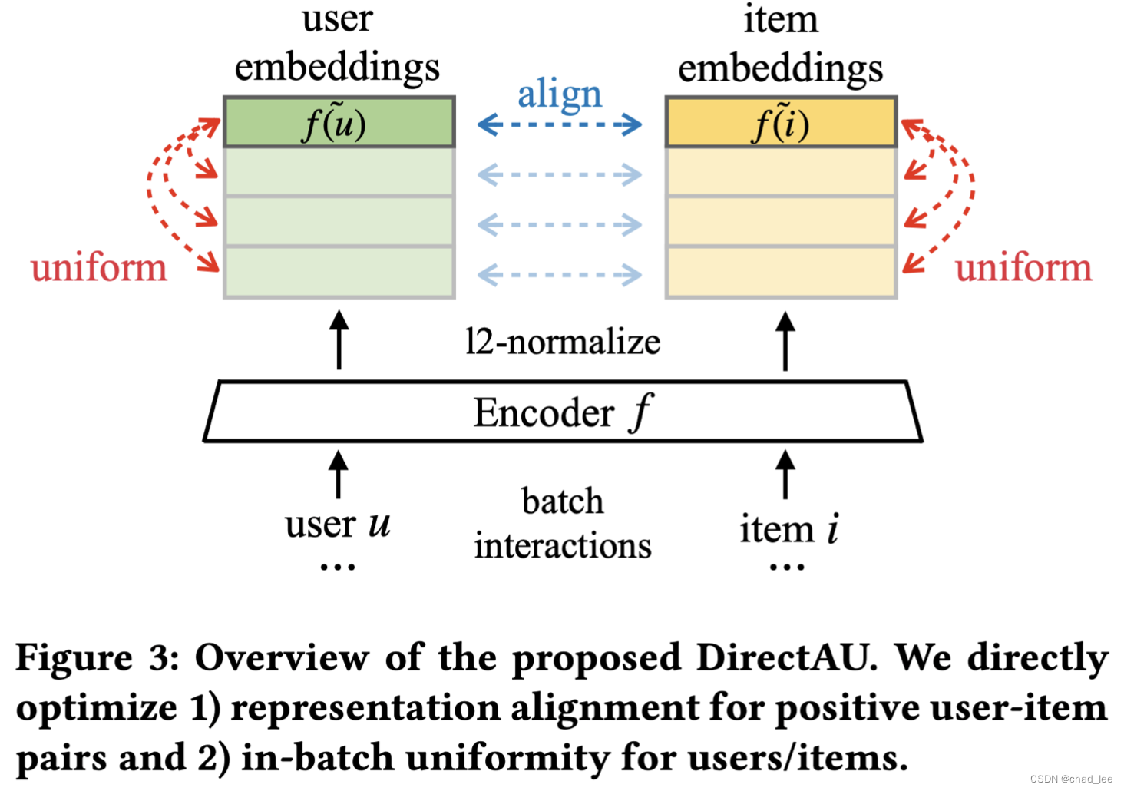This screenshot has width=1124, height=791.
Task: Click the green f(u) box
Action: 339,122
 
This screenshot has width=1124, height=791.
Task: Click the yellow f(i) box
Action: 781,123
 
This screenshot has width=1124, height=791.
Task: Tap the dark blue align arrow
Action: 560,124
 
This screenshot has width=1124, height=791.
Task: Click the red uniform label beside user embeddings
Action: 99,268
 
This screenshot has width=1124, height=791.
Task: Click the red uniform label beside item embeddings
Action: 1023,268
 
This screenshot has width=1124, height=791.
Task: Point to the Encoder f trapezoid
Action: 563,412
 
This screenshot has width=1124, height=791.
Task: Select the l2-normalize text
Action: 563,342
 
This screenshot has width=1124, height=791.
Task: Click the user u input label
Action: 338,525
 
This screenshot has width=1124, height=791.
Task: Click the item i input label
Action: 788,528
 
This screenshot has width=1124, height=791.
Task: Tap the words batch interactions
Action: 563,524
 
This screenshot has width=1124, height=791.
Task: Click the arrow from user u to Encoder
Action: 338,475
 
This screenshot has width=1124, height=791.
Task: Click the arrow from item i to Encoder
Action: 785,475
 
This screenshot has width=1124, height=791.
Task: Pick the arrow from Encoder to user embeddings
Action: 339,340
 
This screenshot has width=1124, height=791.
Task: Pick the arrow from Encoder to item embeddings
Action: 785,340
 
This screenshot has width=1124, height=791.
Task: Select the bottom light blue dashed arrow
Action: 560,275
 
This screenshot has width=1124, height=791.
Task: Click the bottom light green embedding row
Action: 339,272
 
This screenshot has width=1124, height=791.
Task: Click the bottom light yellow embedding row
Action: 781,272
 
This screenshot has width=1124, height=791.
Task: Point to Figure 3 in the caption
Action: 97,658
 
